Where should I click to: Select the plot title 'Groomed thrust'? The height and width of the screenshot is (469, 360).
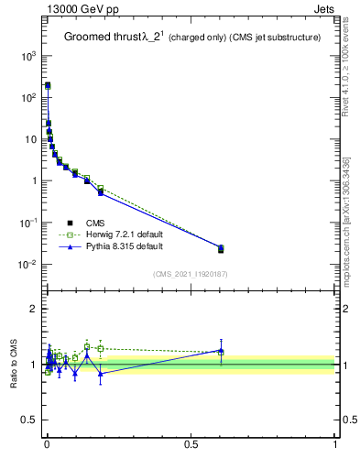[101, 38]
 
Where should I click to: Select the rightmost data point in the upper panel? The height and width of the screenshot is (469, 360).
[221, 248]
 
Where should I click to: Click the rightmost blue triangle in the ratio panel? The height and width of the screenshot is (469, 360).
[221, 350]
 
